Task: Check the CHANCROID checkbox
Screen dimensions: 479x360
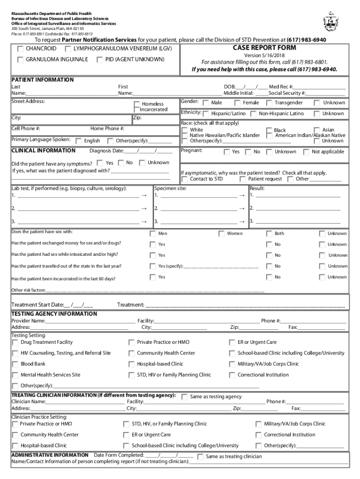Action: coord(21,49)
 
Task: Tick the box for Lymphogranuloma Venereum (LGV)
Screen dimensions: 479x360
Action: coord(68,49)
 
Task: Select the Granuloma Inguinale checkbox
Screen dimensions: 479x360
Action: coord(21,60)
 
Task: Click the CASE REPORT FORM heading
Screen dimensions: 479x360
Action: coord(264,48)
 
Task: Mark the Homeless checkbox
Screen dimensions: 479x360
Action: coord(137,104)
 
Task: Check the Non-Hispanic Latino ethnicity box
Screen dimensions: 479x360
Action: coord(253,114)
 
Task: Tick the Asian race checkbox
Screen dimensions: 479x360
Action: coord(317,130)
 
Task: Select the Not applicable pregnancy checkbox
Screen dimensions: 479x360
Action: coord(306,152)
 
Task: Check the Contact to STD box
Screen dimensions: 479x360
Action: coord(185,179)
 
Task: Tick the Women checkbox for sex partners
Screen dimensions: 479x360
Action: coord(221,233)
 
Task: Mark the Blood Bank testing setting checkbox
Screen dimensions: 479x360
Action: coord(15,364)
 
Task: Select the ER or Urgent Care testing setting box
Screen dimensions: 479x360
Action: coord(232,342)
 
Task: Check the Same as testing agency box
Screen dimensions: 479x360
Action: coord(184,397)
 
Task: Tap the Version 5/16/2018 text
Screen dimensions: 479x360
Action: coord(264,56)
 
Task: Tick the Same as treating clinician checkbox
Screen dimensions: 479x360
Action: coord(200,457)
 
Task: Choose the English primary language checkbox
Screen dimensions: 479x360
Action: coord(79,141)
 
